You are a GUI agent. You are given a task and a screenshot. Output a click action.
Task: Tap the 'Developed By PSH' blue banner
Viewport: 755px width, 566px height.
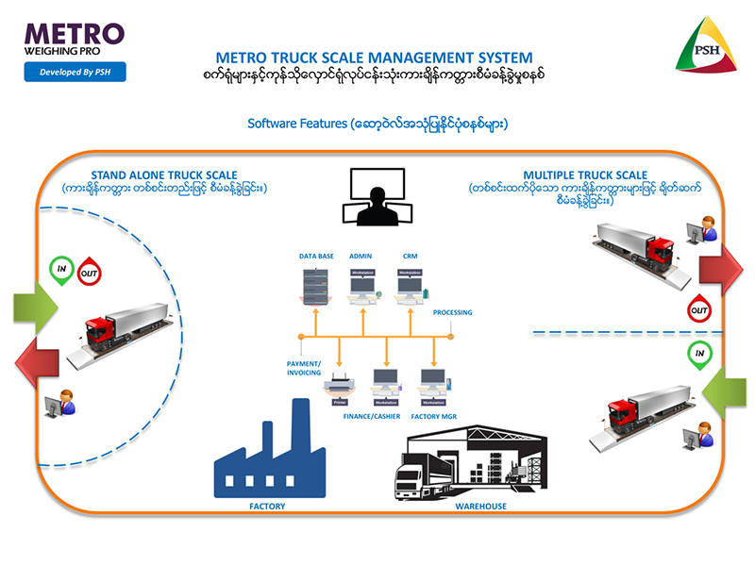(75, 72)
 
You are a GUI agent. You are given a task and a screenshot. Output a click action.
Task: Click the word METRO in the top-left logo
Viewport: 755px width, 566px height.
(75, 32)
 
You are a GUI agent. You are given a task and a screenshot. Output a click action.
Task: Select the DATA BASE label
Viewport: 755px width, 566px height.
(317, 256)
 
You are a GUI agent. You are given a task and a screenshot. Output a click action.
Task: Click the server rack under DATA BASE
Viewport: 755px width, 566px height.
(313, 287)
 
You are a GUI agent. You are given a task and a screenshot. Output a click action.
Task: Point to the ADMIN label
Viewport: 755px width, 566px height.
(361, 256)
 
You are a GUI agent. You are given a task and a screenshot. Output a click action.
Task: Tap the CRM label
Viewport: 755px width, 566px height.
(410, 256)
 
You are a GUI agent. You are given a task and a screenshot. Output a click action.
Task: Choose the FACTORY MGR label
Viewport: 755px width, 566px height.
(433, 416)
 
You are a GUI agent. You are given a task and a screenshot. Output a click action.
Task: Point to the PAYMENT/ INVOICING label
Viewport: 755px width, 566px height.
(304, 367)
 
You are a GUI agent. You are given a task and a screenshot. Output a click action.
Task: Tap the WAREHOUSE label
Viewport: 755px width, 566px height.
(480, 507)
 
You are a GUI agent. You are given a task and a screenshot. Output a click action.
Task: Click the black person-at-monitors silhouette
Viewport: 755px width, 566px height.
(377, 198)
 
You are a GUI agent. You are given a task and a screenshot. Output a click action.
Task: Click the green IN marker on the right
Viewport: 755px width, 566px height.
(699, 354)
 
